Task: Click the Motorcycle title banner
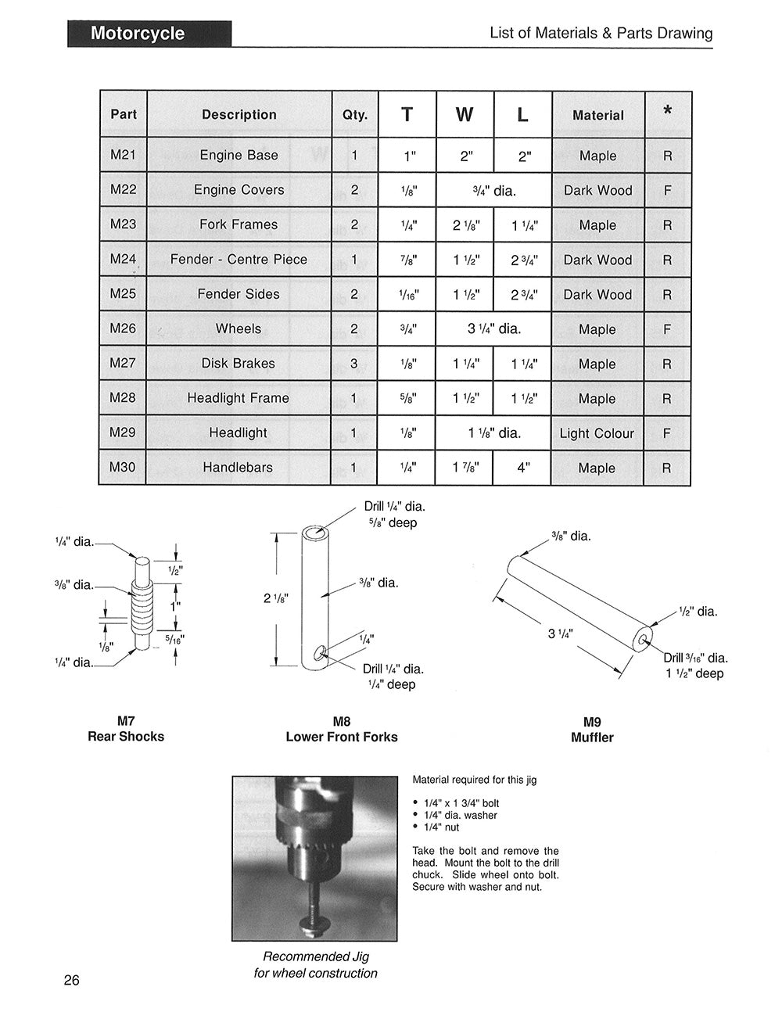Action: click(149, 34)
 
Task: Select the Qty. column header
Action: click(355, 114)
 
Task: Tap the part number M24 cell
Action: click(123, 259)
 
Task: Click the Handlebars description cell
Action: click(239, 468)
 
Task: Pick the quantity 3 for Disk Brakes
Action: click(354, 364)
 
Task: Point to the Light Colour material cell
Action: click(597, 433)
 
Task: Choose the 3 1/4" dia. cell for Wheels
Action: click(494, 329)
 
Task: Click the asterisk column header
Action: click(667, 113)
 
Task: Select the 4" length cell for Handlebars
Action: click(522, 468)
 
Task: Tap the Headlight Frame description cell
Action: click(239, 398)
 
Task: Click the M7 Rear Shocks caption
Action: click(126, 729)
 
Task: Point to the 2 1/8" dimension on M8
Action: click(275, 598)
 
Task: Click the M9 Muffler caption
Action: click(592, 730)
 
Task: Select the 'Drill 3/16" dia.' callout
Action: click(696, 658)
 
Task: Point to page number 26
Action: click(72, 981)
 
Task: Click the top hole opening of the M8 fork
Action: click(314, 534)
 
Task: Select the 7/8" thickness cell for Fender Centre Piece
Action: click(407, 260)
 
